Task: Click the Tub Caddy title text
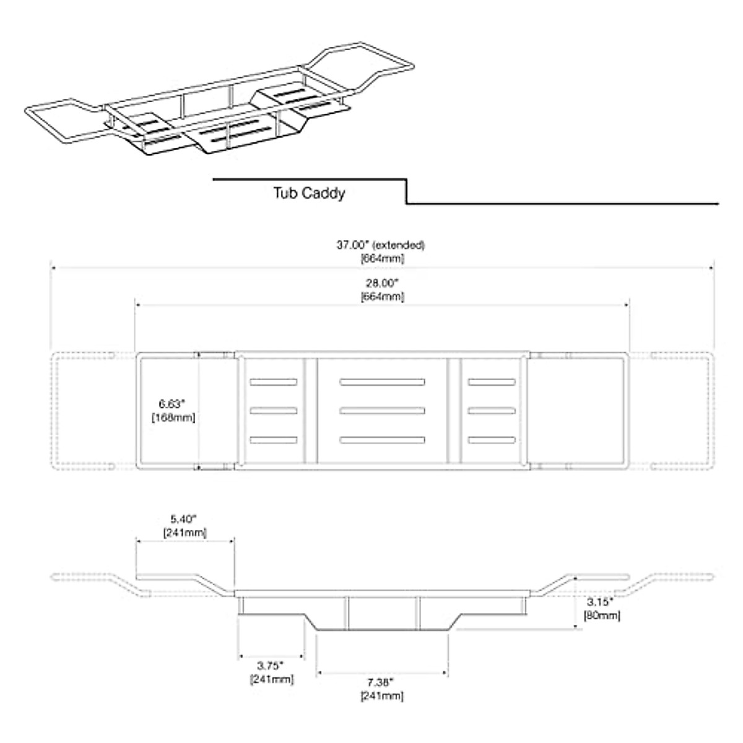coord(309,193)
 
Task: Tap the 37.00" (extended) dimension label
coord(381,245)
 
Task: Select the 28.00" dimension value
coord(382,284)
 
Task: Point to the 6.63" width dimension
coord(172,404)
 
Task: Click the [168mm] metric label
coord(173,417)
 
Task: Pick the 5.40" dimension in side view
coord(183,519)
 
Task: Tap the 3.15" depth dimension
coord(600,601)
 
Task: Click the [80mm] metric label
coord(602,615)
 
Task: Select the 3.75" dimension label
coord(271,666)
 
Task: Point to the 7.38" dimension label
coord(380,682)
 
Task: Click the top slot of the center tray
coord(382,382)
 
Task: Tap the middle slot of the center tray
coord(382,411)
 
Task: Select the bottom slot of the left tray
coord(274,440)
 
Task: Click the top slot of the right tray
coord(492,382)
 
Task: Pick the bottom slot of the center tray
coord(382,440)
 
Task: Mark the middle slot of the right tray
coord(492,411)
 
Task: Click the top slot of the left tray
coord(274,382)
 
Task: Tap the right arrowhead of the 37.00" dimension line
coord(712,267)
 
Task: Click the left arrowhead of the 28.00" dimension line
coord(137,305)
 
